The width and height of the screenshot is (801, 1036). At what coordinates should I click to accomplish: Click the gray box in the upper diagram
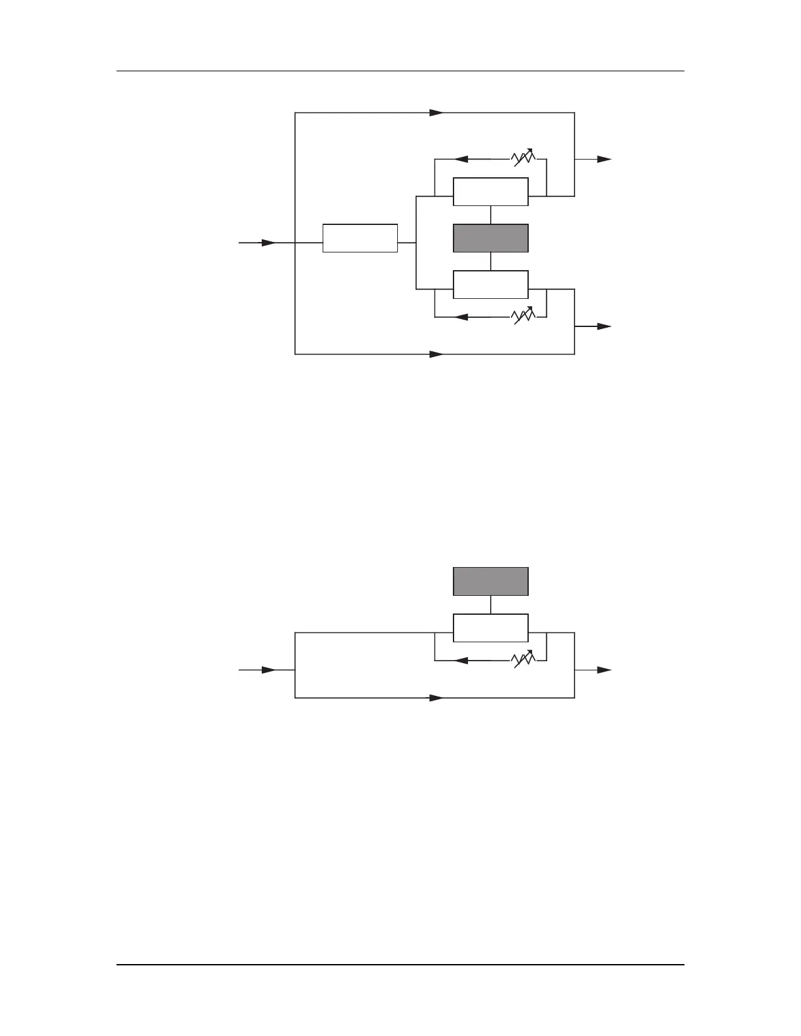(x=491, y=238)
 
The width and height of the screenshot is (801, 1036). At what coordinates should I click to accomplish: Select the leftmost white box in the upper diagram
(x=360, y=238)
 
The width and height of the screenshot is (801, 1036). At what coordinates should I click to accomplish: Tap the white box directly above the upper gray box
(x=491, y=192)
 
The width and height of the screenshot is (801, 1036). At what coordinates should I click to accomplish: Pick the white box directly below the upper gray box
(x=491, y=285)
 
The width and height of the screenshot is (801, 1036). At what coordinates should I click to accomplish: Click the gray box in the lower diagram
(x=491, y=581)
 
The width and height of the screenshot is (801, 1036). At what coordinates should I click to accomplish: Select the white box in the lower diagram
(x=491, y=628)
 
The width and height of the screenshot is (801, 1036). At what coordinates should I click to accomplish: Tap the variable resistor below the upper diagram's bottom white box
(x=524, y=317)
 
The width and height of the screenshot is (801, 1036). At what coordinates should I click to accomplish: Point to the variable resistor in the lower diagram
(x=524, y=660)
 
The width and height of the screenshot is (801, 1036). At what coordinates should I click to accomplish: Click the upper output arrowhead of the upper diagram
(x=605, y=159)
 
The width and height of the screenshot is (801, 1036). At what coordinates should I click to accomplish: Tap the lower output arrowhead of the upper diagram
(x=605, y=326)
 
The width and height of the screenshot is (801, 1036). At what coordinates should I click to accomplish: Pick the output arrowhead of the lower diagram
(x=605, y=670)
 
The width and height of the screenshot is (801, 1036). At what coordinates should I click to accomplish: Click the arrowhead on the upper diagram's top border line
(x=436, y=112)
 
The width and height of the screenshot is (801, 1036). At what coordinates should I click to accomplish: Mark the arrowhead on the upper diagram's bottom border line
(x=436, y=354)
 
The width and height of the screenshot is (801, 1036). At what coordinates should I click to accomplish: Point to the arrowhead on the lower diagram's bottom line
(x=436, y=698)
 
